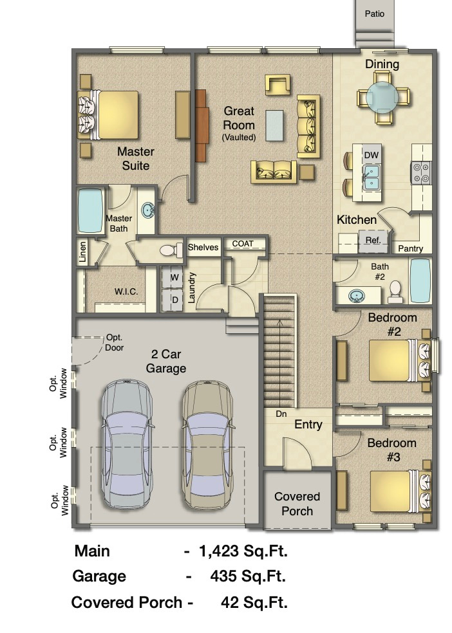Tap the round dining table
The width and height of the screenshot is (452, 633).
click(x=382, y=98)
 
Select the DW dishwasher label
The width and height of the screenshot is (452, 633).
click(x=372, y=155)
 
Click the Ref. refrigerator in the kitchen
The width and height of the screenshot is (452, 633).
click(x=373, y=240)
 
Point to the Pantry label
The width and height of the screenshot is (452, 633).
click(x=410, y=248)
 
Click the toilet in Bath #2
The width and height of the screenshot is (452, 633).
click(x=395, y=291)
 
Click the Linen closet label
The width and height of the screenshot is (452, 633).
click(x=82, y=252)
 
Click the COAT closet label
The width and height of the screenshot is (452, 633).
click(x=243, y=244)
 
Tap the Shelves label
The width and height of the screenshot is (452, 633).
click(x=203, y=247)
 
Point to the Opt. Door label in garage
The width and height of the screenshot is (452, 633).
click(x=115, y=343)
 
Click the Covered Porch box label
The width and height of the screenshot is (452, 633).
click(x=297, y=504)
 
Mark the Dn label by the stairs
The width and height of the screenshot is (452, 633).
click(x=281, y=414)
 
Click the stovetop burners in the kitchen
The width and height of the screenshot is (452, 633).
click(x=420, y=172)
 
